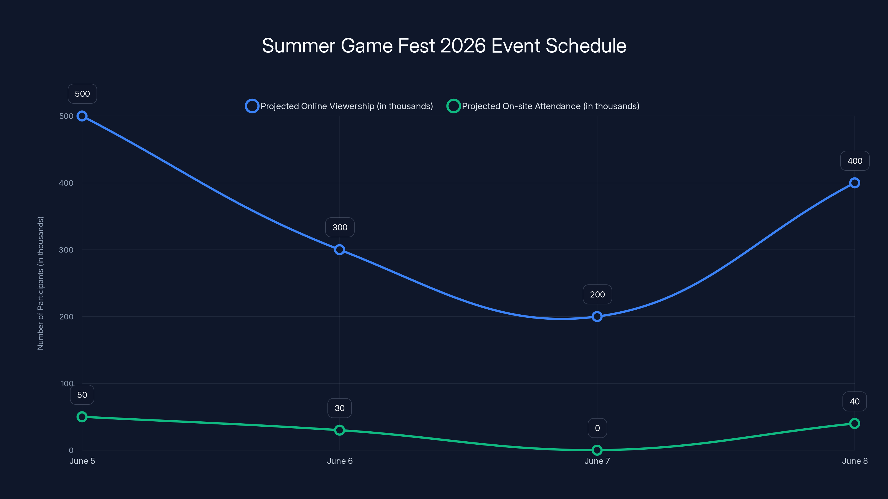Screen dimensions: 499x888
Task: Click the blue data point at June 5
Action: click(82, 116)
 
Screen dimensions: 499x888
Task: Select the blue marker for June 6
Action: click(340, 250)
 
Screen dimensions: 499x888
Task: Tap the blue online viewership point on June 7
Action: click(597, 317)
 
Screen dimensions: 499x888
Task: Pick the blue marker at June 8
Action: click(855, 183)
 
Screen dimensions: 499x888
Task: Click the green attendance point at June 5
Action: click(82, 417)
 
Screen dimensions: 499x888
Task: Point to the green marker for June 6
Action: click(340, 430)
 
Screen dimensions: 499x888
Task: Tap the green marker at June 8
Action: click(855, 423)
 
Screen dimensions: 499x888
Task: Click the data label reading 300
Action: click(340, 227)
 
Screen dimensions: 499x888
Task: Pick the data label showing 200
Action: click(597, 294)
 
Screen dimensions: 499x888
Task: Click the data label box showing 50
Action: click(82, 395)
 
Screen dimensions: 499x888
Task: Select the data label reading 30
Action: click(340, 408)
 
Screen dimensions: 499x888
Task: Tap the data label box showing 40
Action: click(855, 401)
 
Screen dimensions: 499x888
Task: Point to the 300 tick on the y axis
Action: click(66, 250)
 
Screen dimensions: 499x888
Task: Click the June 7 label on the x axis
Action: click(597, 461)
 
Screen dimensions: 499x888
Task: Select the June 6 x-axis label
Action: click(340, 461)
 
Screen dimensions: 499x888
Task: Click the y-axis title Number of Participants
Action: click(41, 283)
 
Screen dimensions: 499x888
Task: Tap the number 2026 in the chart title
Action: click(463, 45)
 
